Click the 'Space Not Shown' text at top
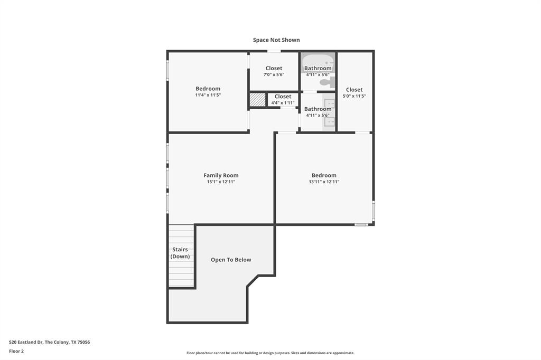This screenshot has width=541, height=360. (276, 40)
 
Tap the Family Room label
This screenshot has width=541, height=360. (221, 175)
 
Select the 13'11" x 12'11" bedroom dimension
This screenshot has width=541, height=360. (324, 182)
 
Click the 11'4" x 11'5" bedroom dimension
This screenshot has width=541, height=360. (208, 95)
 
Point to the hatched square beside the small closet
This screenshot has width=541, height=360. (257, 100)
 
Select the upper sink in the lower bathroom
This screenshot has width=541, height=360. (329, 103)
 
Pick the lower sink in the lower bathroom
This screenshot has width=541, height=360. (329, 122)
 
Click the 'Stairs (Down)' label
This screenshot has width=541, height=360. (181, 253)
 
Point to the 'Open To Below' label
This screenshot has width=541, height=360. (231, 260)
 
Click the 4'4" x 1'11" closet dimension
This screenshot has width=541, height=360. (283, 102)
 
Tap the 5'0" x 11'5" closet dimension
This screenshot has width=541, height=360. (354, 96)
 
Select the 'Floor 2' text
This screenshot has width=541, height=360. (16, 351)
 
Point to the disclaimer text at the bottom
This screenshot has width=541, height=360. (270, 353)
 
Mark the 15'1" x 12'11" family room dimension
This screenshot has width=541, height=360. (221, 182)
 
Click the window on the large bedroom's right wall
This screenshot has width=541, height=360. (373, 210)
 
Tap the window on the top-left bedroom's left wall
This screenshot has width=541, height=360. (168, 70)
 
